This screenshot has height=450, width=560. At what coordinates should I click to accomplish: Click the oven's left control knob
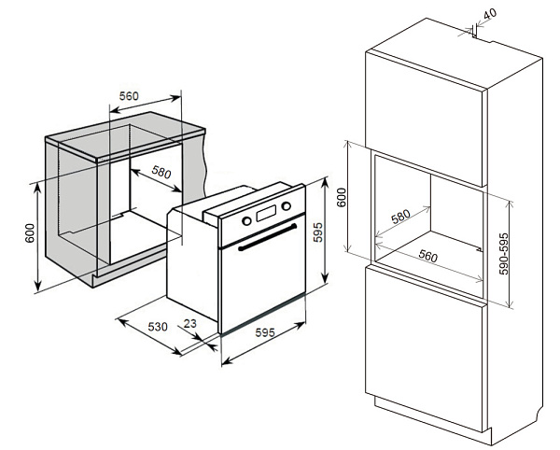click(247, 221)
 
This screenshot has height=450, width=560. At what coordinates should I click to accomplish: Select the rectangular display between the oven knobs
click(266, 214)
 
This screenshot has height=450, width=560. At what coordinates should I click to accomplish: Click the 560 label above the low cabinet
click(129, 96)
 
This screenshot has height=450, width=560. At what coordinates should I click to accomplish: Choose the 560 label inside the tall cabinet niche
click(428, 256)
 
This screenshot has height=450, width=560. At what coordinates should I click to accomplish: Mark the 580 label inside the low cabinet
click(161, 174)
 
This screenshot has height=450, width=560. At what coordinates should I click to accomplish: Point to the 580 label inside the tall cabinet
click(400, 217)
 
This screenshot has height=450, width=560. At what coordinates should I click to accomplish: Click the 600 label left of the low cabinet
click(30, 233)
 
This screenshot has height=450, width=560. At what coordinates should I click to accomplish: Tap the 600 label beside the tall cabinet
click(342, 198)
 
